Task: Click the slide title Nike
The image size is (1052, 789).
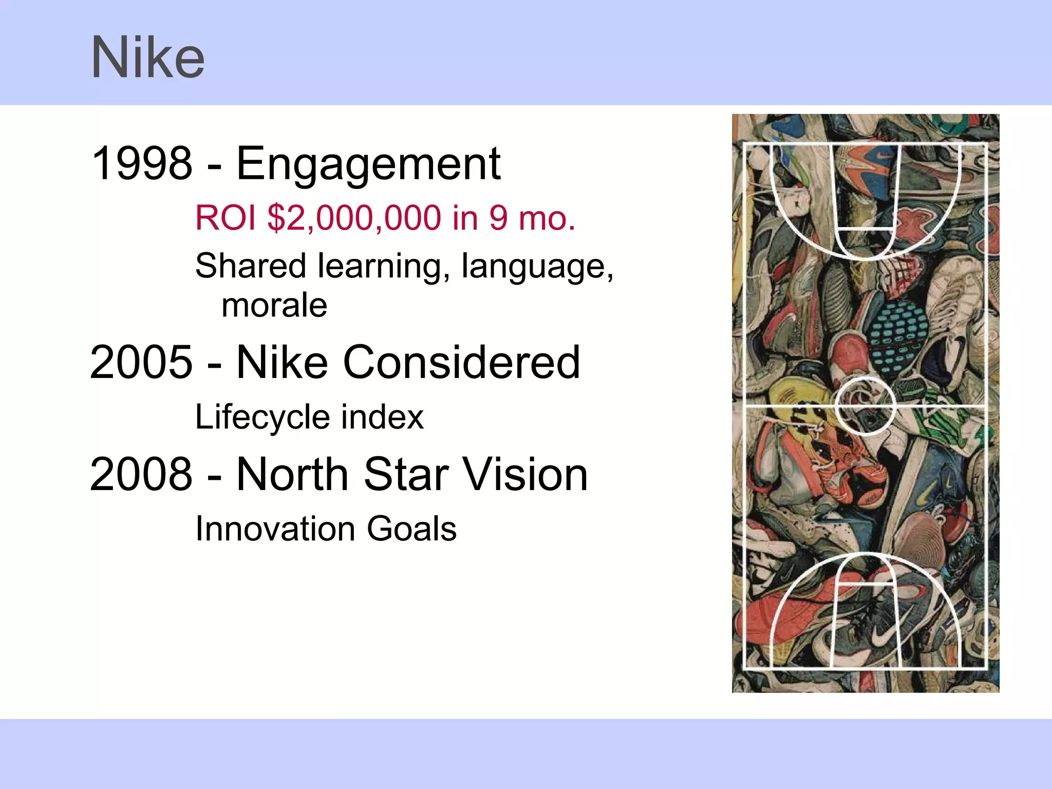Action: (148, 58)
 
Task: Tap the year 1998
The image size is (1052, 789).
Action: (141, 163)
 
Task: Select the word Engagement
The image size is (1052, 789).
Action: (368, 164)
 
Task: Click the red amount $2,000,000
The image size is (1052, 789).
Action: (354, 218)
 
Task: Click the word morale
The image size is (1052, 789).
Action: (274, 306)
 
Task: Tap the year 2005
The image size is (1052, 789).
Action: (141, 363)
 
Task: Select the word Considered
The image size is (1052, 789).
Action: (461, 363)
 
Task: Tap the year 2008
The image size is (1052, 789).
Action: (141, 475)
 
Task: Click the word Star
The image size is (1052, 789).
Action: (406, 475)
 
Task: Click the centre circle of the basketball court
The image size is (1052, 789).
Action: (865, 406)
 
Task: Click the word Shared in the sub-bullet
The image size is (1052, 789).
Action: (251, 266)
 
